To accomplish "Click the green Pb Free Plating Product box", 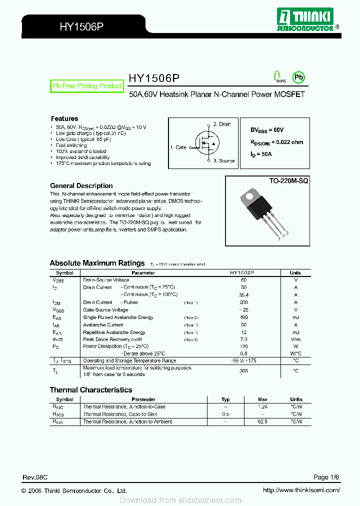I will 87,86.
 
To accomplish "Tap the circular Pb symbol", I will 298,77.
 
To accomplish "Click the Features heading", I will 64,118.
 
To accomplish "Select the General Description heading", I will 81,185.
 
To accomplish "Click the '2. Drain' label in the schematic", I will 221,124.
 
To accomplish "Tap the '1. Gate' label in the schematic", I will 178,147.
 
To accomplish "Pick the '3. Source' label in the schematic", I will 223,161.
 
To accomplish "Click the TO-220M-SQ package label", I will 288,180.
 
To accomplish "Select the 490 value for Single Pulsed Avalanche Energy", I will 244,317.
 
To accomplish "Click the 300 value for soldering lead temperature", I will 244,371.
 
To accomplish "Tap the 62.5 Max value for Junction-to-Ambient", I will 262,422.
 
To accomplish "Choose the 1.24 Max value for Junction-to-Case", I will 262,407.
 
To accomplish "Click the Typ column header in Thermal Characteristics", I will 225,399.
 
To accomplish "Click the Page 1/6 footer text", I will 326,477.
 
